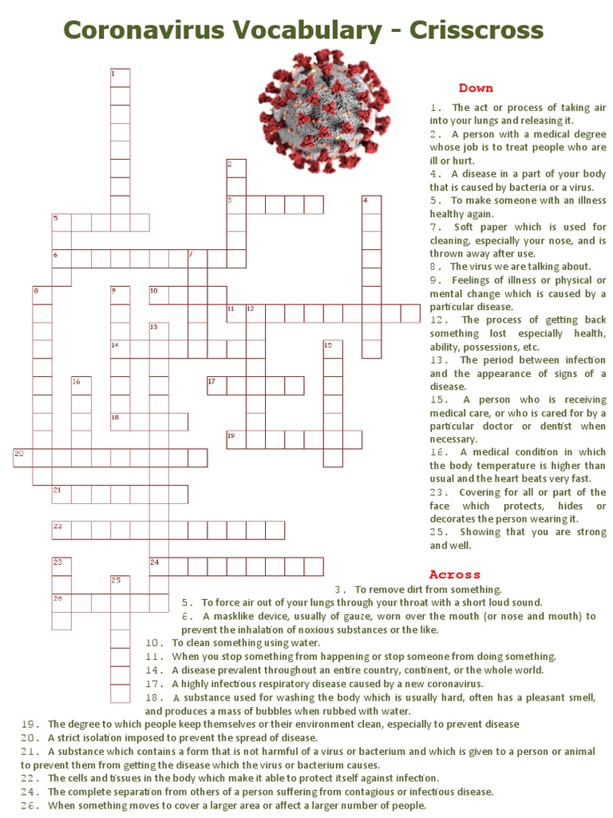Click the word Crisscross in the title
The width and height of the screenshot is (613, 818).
click(477, 30)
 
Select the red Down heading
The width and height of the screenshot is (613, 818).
click(476, 88)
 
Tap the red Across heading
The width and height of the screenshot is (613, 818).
click(455, 574)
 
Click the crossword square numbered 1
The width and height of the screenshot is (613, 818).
click(120, 77)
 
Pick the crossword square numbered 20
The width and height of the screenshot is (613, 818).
click(22, 458)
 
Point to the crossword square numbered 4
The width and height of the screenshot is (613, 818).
click(371, 204)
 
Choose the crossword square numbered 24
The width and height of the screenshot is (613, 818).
click(159, 566)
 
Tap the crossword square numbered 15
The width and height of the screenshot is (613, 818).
click(332, 349)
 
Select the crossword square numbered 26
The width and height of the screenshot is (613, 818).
click(61, 602)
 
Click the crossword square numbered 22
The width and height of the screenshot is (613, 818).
click(61, 530)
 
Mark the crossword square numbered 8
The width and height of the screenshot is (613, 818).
click(42, 295)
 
